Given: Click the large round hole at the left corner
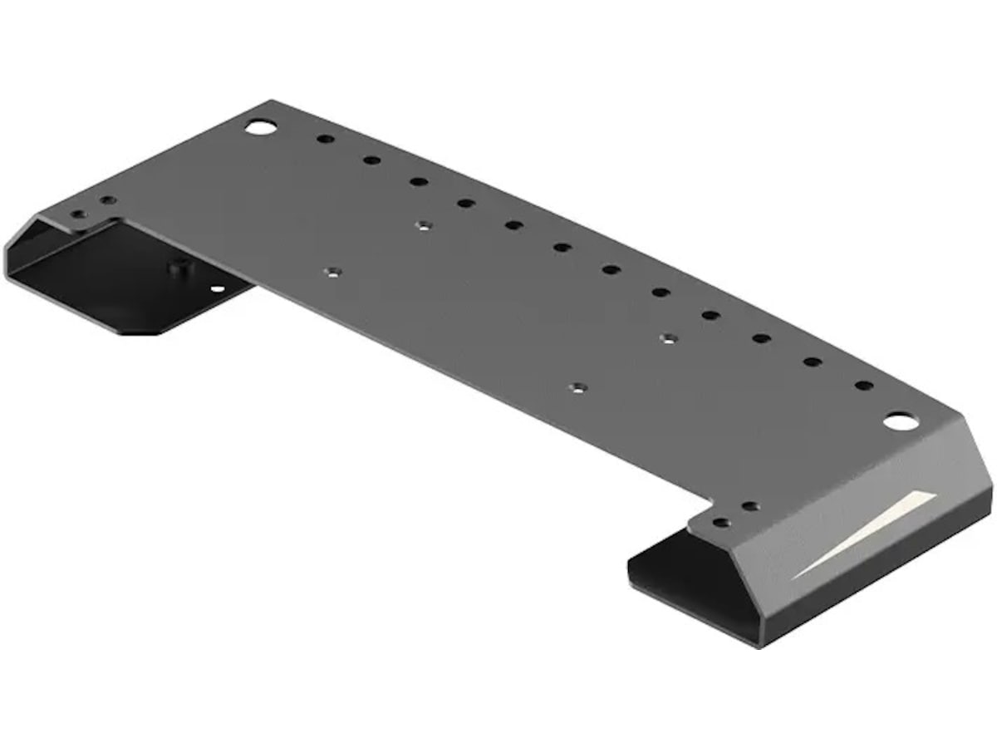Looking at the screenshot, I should click(x=260, y=127).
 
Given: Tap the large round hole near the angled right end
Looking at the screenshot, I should click(x=901, y=421).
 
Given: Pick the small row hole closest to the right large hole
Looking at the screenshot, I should click(x=864, y=386).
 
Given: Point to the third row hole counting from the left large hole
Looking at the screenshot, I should click(x=419, y=181).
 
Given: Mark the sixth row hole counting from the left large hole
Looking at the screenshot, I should click(x=562, y=247).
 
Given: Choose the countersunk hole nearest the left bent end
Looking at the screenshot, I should click(x=332, y=272).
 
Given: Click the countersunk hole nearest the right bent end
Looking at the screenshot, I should click(x=670, y=337).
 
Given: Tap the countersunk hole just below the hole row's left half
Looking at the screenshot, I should click(x=424, y=224).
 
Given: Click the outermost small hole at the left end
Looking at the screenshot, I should click(x=78, y=214).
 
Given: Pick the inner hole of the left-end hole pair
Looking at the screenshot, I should click(x=107, y=200).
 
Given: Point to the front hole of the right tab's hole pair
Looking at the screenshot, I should click(x=721, y=523).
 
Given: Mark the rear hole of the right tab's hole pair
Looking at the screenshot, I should click(x=750, y=506).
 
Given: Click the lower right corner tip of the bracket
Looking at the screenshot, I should click(x=758, y=644).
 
